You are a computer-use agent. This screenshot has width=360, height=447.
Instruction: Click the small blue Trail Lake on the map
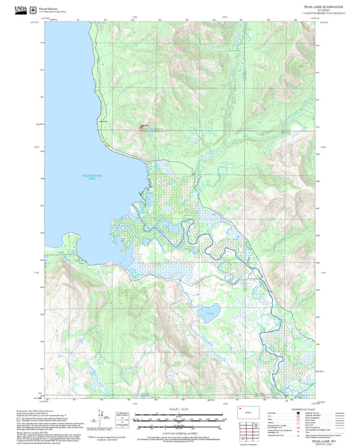[210, 313]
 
